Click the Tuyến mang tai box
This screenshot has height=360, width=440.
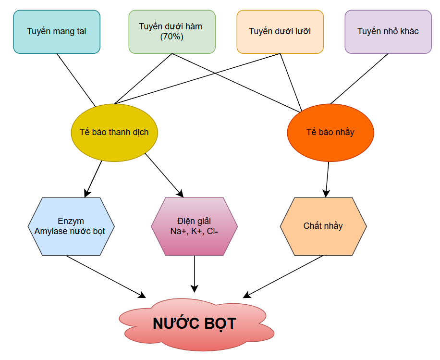pos(57,32)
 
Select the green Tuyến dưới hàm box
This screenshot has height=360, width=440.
pos(172,32)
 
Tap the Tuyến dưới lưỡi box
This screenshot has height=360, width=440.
pos(280,32)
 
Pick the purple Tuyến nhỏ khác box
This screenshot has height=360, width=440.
pos(388,32)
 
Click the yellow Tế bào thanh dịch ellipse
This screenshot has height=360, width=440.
pos(114,132)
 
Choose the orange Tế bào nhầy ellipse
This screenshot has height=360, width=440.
pos(330,132)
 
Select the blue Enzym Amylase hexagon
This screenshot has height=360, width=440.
pos(71,226)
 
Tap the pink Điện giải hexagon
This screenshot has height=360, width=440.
pos(194,226)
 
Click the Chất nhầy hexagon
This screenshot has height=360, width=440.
pos(323,226)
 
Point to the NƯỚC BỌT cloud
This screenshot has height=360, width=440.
pos(195,323)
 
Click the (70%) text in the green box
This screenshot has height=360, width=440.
pos(171,37)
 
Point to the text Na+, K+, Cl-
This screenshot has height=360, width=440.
pos(194,231)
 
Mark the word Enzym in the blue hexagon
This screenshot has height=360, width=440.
pos(71,222)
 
